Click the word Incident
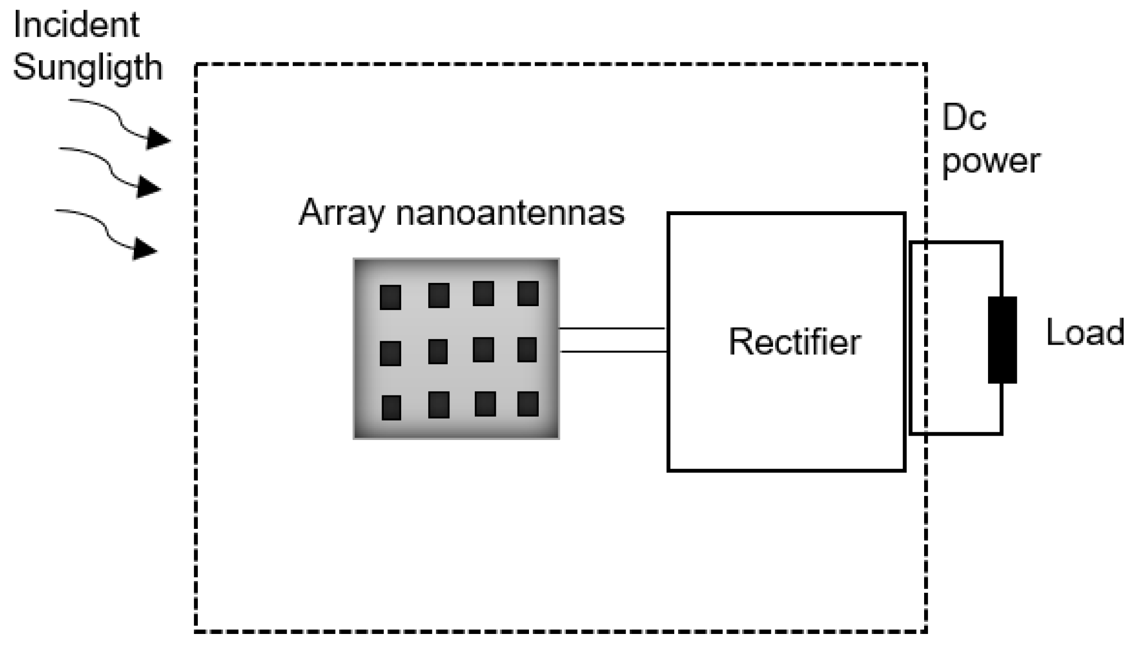76,25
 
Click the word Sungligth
87,68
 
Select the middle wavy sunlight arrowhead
149,187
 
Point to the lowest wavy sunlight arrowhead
145,249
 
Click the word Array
341,212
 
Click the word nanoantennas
510,212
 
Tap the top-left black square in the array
390,297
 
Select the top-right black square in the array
527,294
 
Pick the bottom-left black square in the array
391,407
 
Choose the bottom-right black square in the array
527,404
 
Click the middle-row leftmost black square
390,353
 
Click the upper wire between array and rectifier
611,328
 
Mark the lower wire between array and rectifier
612,352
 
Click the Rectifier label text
794,342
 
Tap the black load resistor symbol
1002,340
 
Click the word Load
1085,332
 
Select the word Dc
963,118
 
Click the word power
990,161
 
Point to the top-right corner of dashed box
926,65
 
